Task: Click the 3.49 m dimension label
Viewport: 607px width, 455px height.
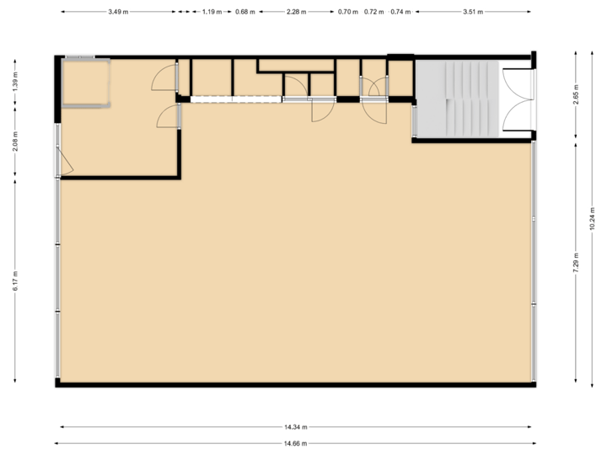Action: (118, 13)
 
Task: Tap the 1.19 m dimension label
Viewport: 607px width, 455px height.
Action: (212, 13)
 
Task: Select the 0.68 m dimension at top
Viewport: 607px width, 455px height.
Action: (244, 13)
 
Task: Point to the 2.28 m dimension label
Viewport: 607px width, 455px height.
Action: (296, 13)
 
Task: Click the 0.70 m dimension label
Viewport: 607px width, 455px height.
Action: (347, 13)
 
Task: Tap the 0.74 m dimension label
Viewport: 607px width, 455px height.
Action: (400, 13)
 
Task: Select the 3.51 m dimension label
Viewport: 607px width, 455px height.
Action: (473, 13)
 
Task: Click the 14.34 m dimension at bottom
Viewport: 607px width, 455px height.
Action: (295, 426)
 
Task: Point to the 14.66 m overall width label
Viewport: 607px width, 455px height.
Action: (295, 443)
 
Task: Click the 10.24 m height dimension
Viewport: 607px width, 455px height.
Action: (593, 218)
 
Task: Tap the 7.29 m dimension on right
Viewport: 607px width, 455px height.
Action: (576, 261)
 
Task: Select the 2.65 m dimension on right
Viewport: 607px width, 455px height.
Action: (576, 92)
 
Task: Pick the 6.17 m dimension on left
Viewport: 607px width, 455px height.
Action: (15, 281)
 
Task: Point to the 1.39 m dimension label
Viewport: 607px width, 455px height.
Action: (15, 81)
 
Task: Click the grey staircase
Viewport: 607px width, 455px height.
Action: (455, 98)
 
